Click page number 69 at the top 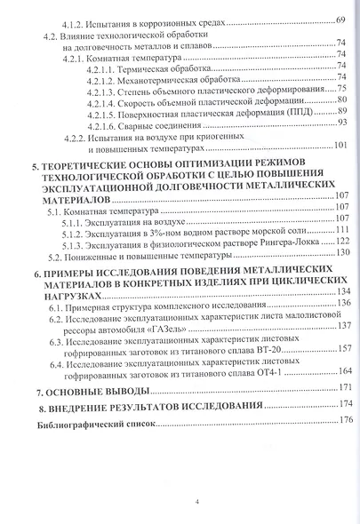[x=341, y=19]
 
